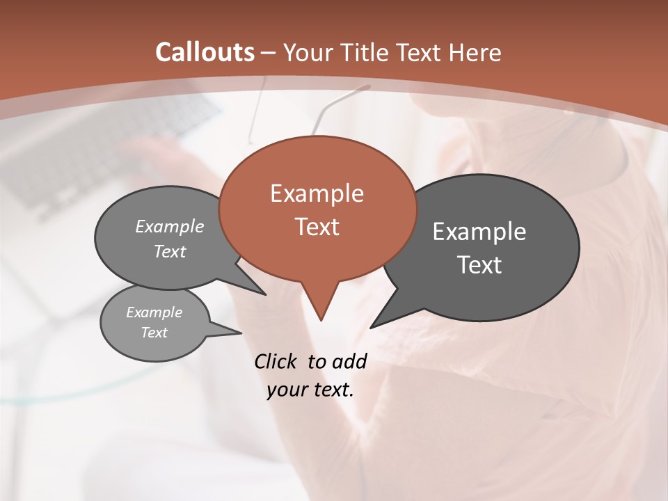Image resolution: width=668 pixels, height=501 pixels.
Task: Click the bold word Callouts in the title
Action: click(x=205, y=52)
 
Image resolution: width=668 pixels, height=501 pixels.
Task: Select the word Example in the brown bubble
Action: click(x=317, y=193)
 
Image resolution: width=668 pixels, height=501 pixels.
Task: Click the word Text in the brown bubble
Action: click(x=317, y=227)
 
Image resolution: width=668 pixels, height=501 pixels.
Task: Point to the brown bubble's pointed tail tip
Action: click(x=321, y=319)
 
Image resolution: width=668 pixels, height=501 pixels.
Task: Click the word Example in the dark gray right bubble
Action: click(x=479, y=232)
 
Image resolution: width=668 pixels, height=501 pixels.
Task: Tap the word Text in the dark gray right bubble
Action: click(x=479, y=265)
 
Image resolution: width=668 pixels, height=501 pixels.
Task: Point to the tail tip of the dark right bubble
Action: click(x=372, y=327)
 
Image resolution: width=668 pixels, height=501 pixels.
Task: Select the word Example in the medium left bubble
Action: click(x=169, y=227)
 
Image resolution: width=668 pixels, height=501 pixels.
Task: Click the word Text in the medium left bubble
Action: click(x=169, y=252)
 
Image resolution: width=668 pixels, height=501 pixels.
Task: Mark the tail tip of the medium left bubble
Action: click(x=265, y=294)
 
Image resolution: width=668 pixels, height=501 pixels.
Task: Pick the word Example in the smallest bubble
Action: click(x=154, y=312)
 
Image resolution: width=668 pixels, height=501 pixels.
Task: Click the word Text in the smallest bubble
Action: click(x=154, y=333)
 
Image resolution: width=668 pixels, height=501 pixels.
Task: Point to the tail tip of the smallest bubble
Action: click(x=241, y=333)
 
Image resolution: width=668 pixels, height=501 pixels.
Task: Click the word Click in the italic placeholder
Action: click(x=276, y=361)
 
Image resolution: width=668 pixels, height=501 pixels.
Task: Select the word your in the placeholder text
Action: click(x=285, y=390)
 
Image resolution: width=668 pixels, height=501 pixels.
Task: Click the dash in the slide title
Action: click(x=269, y=53)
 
